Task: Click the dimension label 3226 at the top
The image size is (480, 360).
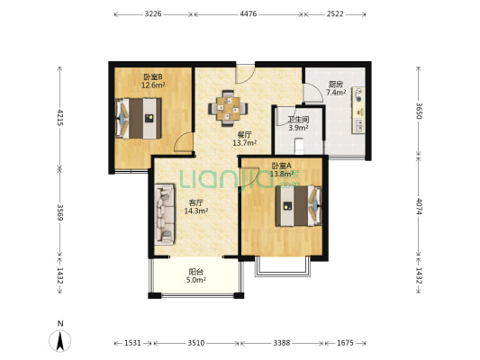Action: click(x=153, y=14)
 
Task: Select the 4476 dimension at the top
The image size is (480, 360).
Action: click(x=249, y=14)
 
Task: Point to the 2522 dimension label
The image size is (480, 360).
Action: click(x=335, y=14)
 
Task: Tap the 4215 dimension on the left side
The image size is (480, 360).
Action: click(x=60, y=118)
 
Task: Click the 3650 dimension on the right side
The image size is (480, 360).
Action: click(x=419, y=111)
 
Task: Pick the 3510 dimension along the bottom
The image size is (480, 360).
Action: click(x=196, y=343)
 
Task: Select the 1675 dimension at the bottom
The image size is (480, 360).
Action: click(x=345, y=343)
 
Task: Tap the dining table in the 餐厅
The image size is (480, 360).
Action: click(x=228, y=108)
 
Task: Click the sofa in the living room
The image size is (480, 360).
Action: click(x=165, y=214)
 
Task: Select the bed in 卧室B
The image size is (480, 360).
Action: click(x=139, y=119)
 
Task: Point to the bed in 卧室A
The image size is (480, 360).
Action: click(x=298, y=205)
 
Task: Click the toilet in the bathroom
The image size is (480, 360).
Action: click(x=299, y=147)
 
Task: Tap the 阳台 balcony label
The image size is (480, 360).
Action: click(x=196, y=272)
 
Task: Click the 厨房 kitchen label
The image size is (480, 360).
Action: click(x=336, y=84)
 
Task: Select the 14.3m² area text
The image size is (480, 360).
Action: click(x=196, y=211)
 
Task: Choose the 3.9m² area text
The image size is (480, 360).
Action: click(x=298, y=128)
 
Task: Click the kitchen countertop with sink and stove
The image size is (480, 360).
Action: click(x=358, y=110)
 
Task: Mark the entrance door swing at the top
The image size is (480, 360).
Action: click(x=245, y=74)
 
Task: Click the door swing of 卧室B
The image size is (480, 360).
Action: click(x=183, y=142)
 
